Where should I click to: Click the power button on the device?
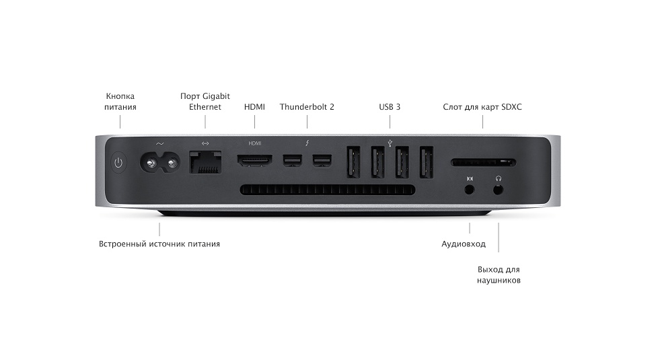(x=118, y=162)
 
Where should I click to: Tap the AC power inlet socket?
(x=160, y=162)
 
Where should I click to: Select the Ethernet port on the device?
(x=205, y=162)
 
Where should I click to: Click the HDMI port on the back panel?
(x=255, y=161)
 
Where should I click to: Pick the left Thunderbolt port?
(x=293, y=161)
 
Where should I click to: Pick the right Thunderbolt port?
(x=322, y=161)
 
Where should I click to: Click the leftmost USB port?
(x=353, y=162)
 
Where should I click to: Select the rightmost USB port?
(x=427, y=162)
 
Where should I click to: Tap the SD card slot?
(x=483, y=162)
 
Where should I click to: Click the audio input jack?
(x=470, y=190)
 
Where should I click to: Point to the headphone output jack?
(x=498, y=190)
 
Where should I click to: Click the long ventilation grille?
(x=328, y=190)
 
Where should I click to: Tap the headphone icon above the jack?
(x=499, y=178)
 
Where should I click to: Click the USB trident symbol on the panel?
(x=390, y=143)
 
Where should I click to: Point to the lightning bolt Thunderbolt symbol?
(x=307, y=143)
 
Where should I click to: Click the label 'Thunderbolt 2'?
(x=307, y=107)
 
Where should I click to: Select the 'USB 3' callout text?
(x=390, y=107)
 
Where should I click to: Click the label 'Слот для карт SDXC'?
(x=482, y=107)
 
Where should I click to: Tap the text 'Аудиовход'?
(x=464, y=244)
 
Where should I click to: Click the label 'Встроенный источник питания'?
(x=159, y=244)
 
